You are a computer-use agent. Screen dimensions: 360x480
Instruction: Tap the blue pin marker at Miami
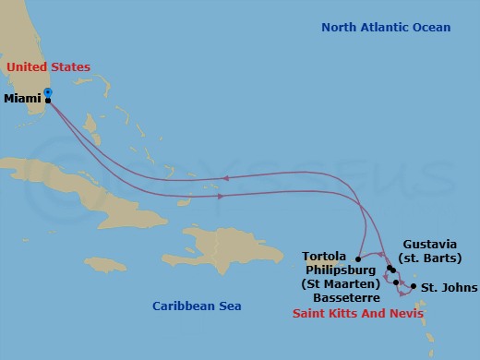click(48, 92)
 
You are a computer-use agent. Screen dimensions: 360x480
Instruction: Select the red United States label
click(48, 67)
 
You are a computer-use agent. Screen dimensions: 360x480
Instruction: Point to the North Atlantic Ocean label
click(386, 28)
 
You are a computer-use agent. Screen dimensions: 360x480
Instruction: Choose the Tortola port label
click(324, 256)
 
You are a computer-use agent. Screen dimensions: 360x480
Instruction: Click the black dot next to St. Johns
click(413, 287)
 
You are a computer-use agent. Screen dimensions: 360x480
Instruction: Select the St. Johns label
click(450, 288)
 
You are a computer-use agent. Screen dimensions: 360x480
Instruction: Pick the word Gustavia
click(430, 245)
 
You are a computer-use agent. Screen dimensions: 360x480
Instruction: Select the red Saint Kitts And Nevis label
click(358, 314)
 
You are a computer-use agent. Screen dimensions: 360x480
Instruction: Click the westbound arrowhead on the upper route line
click(223, 179)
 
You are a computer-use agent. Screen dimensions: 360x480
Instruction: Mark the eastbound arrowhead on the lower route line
click(220, 196)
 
